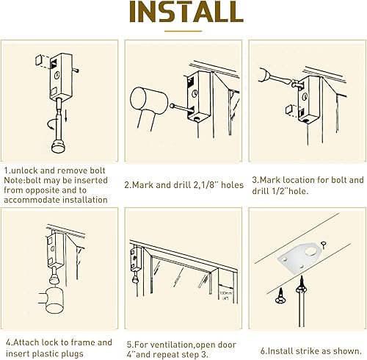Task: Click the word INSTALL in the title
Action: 183,12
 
